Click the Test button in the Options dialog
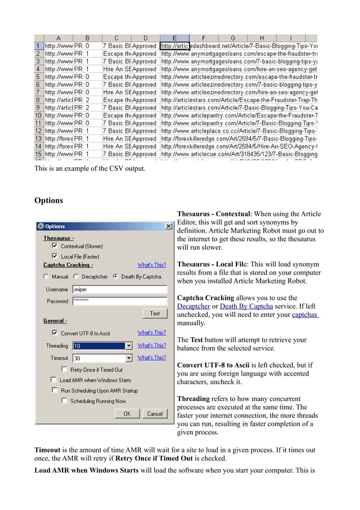tap(155, 313)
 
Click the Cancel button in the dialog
tap(155, 413)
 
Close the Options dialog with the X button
tap(168, 226)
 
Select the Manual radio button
tap(46, 277)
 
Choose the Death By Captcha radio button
tap(116, 277)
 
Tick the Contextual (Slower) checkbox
tap(55, 246)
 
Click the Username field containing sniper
tap(120, 289)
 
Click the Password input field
tap(120, 301)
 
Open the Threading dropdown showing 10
tap(129, 346)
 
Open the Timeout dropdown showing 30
tap(129, 358)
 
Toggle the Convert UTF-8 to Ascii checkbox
tap(55, 333)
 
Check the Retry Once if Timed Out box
tap(64, 370)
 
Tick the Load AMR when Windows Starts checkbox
tap(54, 380)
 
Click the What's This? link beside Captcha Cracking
tap(152, 265)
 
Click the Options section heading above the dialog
tap(49, 200)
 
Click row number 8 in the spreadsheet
tap(38, 100)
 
